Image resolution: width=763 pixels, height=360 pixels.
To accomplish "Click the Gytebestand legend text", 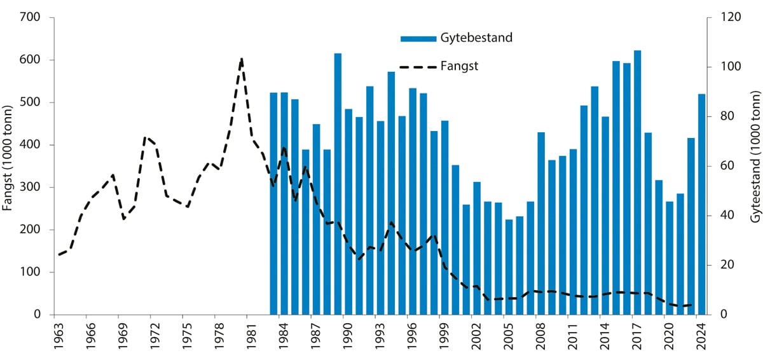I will (476, 38).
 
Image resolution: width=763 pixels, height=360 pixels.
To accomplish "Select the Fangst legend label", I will (459, 66).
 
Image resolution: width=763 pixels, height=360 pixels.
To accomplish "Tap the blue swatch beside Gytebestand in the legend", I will (418, 39).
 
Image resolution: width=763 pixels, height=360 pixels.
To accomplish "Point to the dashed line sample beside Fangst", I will (418, 66).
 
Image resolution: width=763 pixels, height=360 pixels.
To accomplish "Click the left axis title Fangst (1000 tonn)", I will (8, 166).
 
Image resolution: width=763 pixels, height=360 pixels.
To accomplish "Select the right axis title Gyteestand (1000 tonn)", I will (754, 166).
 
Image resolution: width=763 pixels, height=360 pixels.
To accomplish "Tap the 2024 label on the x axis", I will (701, 336).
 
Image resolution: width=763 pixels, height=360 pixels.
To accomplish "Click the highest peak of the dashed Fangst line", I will (242, 59).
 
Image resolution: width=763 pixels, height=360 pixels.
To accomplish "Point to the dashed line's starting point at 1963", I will (59, 254).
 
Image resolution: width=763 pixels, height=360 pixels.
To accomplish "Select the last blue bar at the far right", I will (701, 204).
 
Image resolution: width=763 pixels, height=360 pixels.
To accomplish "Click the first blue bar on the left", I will (273, 204).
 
